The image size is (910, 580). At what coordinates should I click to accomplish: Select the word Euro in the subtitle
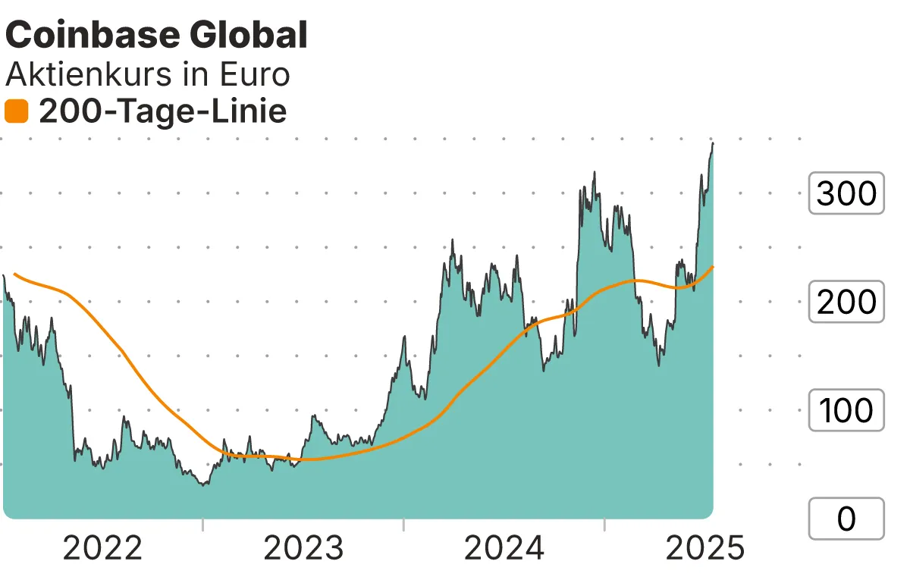(x=255, y=74)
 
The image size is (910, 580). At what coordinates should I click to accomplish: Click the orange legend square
(x=17, y=112)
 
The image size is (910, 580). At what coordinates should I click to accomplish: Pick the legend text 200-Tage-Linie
(x=163, y=112)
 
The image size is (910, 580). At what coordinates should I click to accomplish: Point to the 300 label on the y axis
(x=846, y=194)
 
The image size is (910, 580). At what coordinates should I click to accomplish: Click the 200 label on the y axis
(x=846, y=303)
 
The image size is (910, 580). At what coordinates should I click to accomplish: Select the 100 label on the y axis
(x=846, y=410)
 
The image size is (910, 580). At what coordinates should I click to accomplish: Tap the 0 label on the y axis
(x=846, y=519)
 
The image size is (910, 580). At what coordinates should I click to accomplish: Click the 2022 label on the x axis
(x=102, y=548)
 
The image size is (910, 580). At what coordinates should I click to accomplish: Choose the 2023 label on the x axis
(x=303, y=548)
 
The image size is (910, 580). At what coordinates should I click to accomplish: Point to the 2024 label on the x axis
(x=504, y=548)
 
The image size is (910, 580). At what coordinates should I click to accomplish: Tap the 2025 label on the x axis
(x=705, y=548)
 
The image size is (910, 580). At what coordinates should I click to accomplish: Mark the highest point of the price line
(x=713, y=143)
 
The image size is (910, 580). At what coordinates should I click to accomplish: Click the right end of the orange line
(x=713, y=266)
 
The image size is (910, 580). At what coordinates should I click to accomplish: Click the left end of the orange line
(x=14, y=274)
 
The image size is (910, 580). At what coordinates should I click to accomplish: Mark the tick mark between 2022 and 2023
(x=203, y=525)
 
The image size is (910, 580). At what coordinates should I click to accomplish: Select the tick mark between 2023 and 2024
(x=404, y=525)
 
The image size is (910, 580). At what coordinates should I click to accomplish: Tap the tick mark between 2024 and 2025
(x=604, y=525)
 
